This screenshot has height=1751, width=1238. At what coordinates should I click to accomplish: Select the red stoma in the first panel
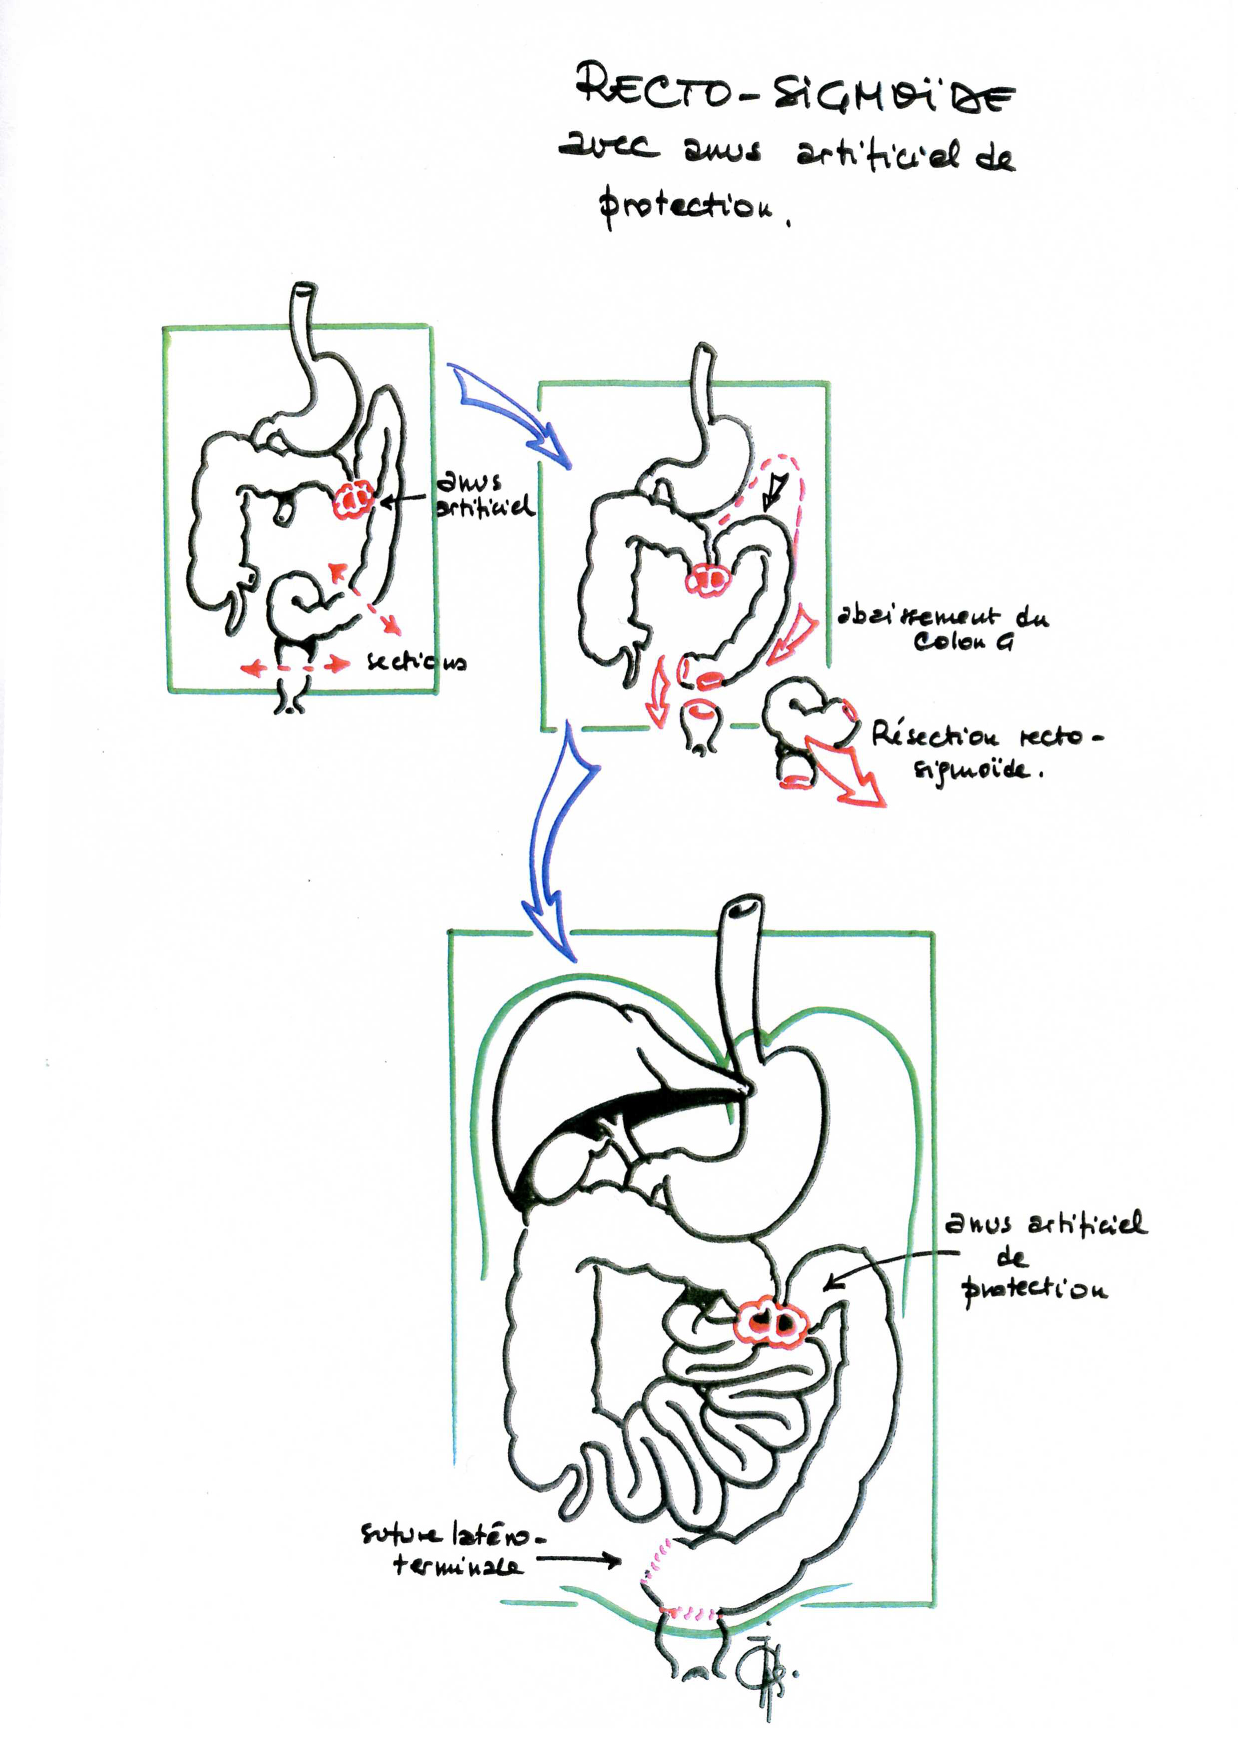353,500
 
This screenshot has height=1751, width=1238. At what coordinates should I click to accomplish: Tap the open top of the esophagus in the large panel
744,907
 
